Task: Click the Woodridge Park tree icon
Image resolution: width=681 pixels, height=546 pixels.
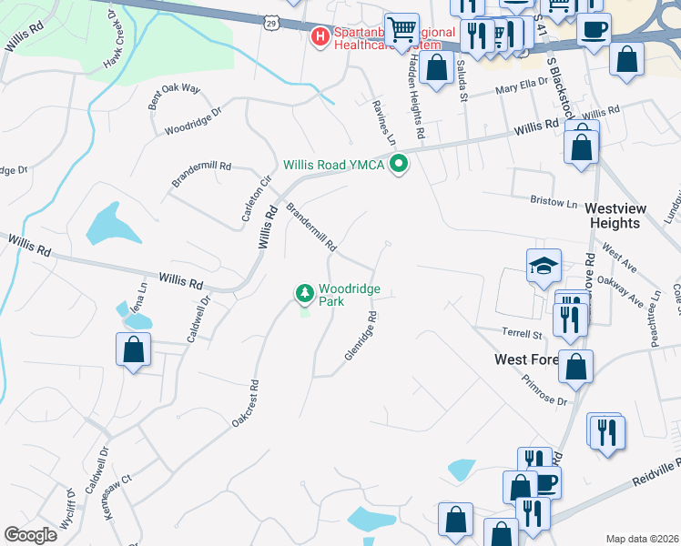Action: [x=304, y=293]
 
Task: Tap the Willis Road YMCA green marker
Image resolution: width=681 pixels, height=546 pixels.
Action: [x=398, y=165]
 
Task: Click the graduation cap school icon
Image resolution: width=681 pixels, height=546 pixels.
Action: [x=544, y=267]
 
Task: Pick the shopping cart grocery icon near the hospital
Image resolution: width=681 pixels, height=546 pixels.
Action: [x=401, y=30]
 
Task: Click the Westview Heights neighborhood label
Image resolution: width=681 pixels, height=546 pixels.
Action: [x=617, y=216]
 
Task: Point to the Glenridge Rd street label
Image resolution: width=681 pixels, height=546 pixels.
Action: [x=361, y=337]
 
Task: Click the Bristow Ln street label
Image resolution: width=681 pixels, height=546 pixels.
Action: [x=554, y=199]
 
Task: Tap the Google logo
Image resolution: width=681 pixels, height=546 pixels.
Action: [x=30, y=535]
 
